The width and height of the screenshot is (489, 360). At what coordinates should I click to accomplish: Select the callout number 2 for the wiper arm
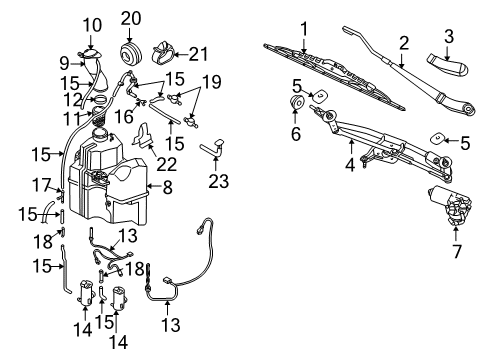(x=404, y=43)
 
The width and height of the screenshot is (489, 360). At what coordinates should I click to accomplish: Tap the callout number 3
(x=448, y=38)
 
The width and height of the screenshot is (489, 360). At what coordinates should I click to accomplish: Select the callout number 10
(x=91, y=24)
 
